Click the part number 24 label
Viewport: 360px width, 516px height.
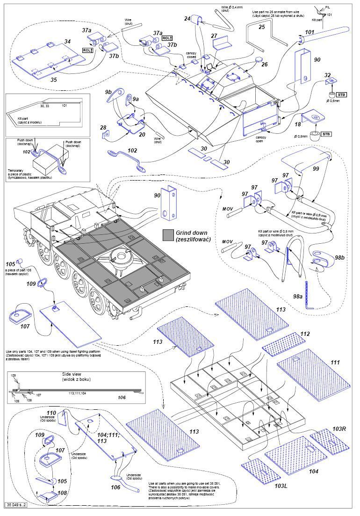pyautogui.click(x=187, y=18)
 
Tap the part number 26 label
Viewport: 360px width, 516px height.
pyautogui.click(x=264, y=64)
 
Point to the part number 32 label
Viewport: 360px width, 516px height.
pyautogui.click(x=327, y=75)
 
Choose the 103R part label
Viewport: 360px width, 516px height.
pyautogui.click(x=340, y=429)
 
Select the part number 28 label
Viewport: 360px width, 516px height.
pyautogui.click(x=103, y=128)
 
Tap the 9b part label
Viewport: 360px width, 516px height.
pyautogui.click(x=108, y=92)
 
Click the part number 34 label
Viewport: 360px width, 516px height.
pyautogui.click(x=68, y=42)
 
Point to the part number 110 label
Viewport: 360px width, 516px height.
pyautogui.click(x=64, y=413)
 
